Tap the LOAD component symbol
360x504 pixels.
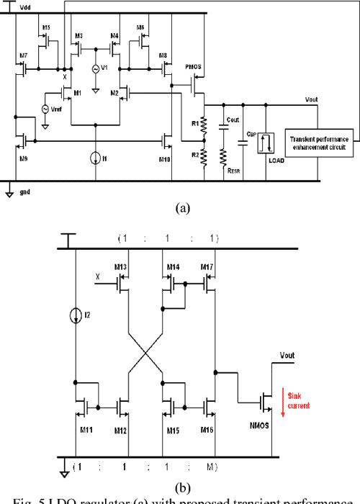[267, 141]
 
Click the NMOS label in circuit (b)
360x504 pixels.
[260, 425]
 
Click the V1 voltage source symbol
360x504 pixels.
[95, 69]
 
